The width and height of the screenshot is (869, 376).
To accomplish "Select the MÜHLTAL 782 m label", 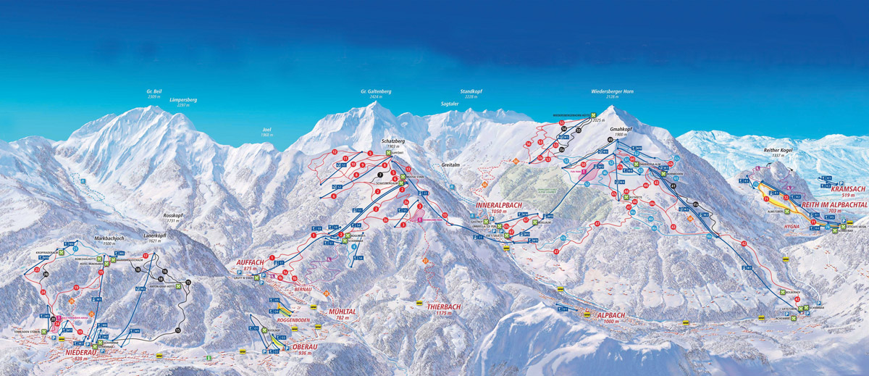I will tap(343, 312).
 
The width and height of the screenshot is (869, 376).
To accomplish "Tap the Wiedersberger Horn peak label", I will tap(612, 93).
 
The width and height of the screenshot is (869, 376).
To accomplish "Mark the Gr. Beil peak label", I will tap(154, 92).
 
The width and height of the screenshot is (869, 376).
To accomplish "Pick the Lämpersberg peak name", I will tap(183, 100).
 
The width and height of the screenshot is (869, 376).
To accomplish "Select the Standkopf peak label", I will tap(471, 92).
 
